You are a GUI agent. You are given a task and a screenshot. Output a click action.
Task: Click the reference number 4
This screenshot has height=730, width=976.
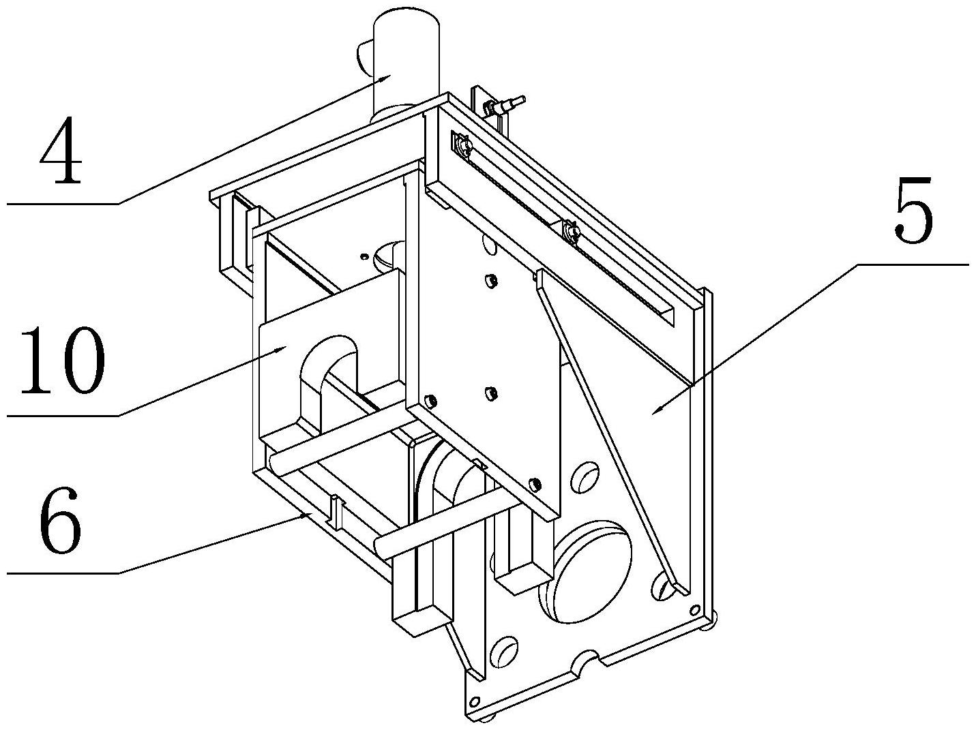(x=61, y=151)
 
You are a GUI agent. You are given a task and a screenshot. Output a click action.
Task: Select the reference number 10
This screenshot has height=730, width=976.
(x=62, y=361)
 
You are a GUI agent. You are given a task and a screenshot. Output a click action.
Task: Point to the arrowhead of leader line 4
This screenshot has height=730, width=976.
(x=386, y=78)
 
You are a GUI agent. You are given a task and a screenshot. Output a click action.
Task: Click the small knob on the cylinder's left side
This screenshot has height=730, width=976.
(x=364, y=58)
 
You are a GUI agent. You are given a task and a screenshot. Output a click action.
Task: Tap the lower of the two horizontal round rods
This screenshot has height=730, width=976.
(x=445, y=524)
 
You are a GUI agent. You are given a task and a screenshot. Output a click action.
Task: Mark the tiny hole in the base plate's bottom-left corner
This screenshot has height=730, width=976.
(x=475, y=701)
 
